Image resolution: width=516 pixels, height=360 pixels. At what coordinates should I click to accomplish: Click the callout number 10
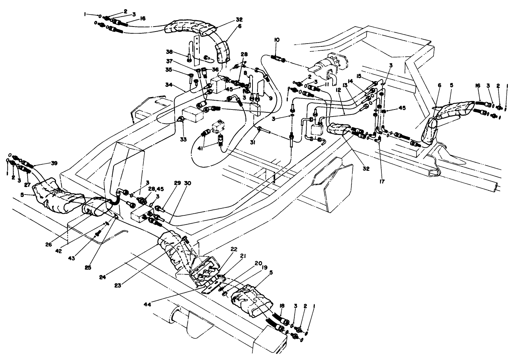277,40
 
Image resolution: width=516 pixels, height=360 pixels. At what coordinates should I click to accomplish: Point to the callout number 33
183,140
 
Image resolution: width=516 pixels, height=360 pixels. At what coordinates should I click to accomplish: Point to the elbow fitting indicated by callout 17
379,140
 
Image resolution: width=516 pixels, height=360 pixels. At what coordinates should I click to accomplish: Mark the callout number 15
359,75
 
